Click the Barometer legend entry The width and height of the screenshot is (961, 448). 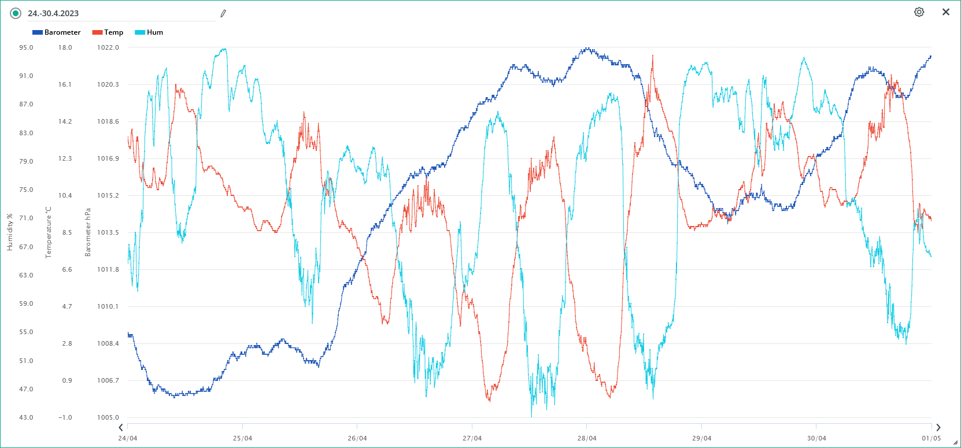(x=57, y=32)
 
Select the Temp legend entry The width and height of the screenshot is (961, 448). (x=108, y=32)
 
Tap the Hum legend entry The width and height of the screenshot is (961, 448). (x=149, y=32)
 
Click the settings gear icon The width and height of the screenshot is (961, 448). (x=919, y=12)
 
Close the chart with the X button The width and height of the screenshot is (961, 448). (x=946, y=12)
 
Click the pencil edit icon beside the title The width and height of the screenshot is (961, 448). (x=223, y=13)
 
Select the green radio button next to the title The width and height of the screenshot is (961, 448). (x=16, y=13)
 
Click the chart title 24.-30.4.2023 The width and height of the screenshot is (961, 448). (x=53, y=13)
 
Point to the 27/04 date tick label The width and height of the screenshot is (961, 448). (x=472, y=438)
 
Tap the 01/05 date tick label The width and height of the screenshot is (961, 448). (x=931, y=438)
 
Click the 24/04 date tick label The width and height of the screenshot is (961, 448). (x=128, y=438)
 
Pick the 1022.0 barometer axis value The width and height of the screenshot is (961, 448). (x=108, y=47)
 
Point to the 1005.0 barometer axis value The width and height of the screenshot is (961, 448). (x=108, y=417)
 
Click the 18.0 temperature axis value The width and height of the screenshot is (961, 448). (x=65, y=47)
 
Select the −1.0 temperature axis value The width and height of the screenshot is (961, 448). (x=65, y=417)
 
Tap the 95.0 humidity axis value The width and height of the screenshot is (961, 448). (x=26, y=47)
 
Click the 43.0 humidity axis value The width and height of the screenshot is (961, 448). (x=26, y=417)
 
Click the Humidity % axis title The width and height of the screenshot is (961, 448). (x=9, y=232)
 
